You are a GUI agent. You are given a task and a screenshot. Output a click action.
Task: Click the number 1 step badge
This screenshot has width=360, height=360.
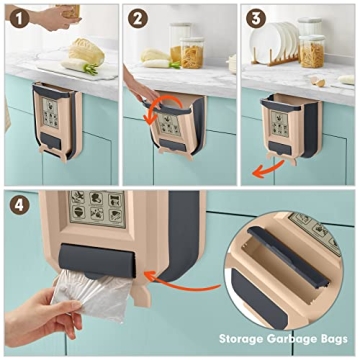click(x=16, y=17)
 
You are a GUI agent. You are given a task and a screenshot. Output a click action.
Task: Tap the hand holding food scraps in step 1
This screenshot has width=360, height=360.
click(x=62, y=14)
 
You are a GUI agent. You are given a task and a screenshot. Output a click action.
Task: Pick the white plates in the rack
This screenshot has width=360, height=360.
click(x=285, y=45)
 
